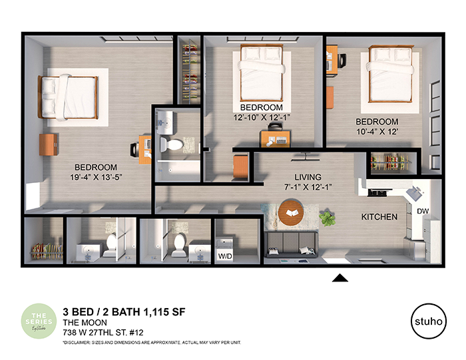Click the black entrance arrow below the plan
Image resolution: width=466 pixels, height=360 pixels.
[340, 277]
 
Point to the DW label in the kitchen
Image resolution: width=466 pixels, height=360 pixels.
[422, 211]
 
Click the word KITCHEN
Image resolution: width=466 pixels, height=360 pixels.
[379, 218]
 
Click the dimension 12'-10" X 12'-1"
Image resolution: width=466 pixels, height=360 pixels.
[262, 117]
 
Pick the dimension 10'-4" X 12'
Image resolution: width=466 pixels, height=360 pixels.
[377, 132]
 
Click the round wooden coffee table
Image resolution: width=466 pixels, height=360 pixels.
[293, 214]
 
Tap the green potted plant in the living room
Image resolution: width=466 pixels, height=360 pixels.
[327, 218]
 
